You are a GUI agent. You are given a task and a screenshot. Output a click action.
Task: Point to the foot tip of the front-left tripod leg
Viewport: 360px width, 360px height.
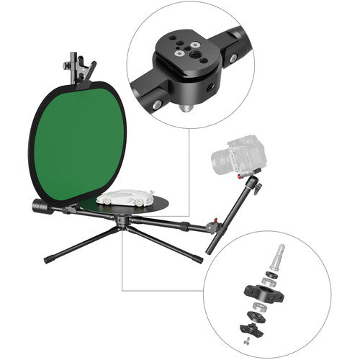pyautogui.click(x=48, y=260)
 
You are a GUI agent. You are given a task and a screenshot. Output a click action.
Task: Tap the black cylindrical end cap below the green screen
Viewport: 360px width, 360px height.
pyautogui.click(x=39, y=207)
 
